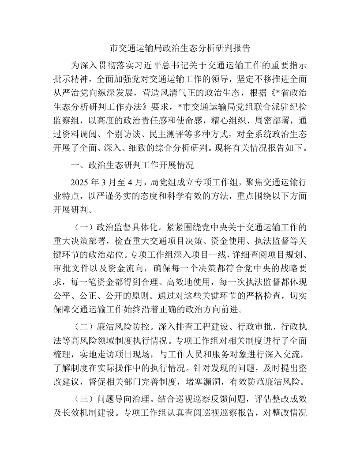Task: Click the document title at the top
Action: [x=180, y=48]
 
